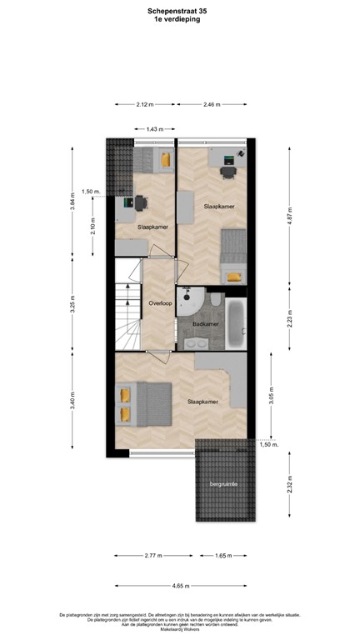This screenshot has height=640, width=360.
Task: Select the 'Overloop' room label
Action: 160,303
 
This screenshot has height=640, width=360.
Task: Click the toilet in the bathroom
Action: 216,300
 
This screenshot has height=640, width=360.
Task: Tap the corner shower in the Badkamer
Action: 192,298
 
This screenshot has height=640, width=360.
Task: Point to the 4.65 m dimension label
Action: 180,585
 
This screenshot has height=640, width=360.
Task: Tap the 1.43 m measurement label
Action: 154,129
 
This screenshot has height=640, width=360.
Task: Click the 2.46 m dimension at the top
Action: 213,104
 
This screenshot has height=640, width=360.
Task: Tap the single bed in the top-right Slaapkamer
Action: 234,258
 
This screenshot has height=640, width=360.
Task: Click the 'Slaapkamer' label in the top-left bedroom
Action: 150,226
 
